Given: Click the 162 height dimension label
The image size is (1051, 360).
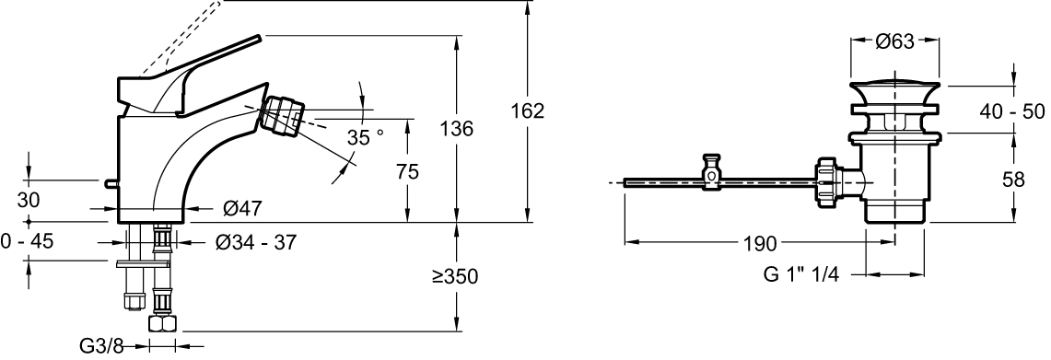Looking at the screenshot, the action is (528, 111).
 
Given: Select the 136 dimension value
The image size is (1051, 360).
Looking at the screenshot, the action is (456, 129).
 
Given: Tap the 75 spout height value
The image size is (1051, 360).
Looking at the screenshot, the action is (406, 171).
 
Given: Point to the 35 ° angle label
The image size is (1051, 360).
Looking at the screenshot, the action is (366, 137).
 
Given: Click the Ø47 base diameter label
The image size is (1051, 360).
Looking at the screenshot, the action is (242, 209).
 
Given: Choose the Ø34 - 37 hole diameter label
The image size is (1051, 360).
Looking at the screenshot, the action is (256, 242).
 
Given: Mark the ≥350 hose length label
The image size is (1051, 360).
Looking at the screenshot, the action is (455, 275).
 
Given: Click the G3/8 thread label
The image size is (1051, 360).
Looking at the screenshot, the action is (102, 346).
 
